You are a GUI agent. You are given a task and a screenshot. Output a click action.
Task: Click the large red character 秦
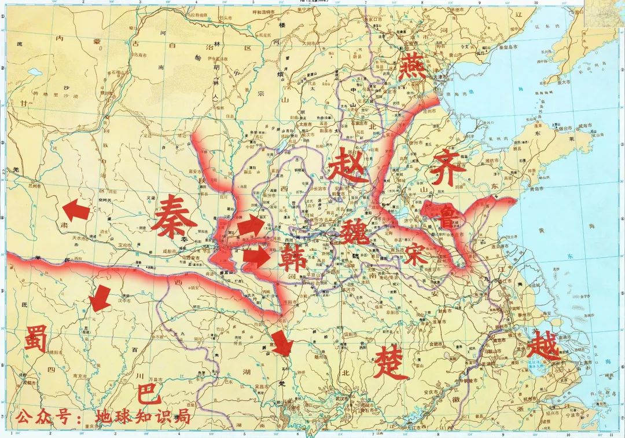coord(173,214)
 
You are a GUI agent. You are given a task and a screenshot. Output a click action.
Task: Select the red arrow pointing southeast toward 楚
coord(282,343)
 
